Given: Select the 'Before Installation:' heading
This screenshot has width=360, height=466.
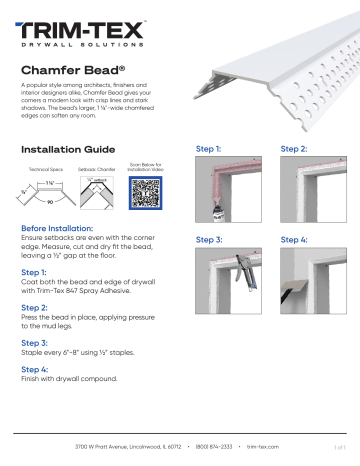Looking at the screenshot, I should [x=59, y=228].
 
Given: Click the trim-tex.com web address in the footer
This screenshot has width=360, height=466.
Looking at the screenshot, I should [x=262, y=447].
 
